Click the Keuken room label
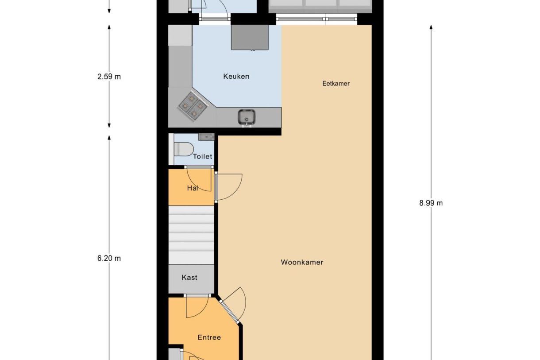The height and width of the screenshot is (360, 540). [236, 76]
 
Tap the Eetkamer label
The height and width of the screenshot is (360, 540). [336, 83]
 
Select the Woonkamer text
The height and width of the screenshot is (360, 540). [302, 262]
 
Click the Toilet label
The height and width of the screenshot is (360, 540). [202, 156]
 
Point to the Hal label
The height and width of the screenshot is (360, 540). [192, 188]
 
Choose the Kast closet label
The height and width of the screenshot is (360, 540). [189, 278]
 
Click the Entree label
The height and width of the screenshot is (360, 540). [209, 337]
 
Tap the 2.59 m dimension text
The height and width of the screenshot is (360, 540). [109, 76]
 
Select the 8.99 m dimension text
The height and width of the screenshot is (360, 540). [431, 203]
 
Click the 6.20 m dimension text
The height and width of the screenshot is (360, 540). [109, 259]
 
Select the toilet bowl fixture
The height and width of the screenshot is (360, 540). [181, 149]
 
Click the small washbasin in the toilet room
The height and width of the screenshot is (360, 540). [206, 137]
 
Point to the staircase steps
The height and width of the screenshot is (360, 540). [191, 235]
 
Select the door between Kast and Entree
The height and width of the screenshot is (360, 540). [197, 306]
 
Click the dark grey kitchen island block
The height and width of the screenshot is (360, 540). [250, 37]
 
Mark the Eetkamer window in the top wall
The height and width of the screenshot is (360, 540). [316, 19]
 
